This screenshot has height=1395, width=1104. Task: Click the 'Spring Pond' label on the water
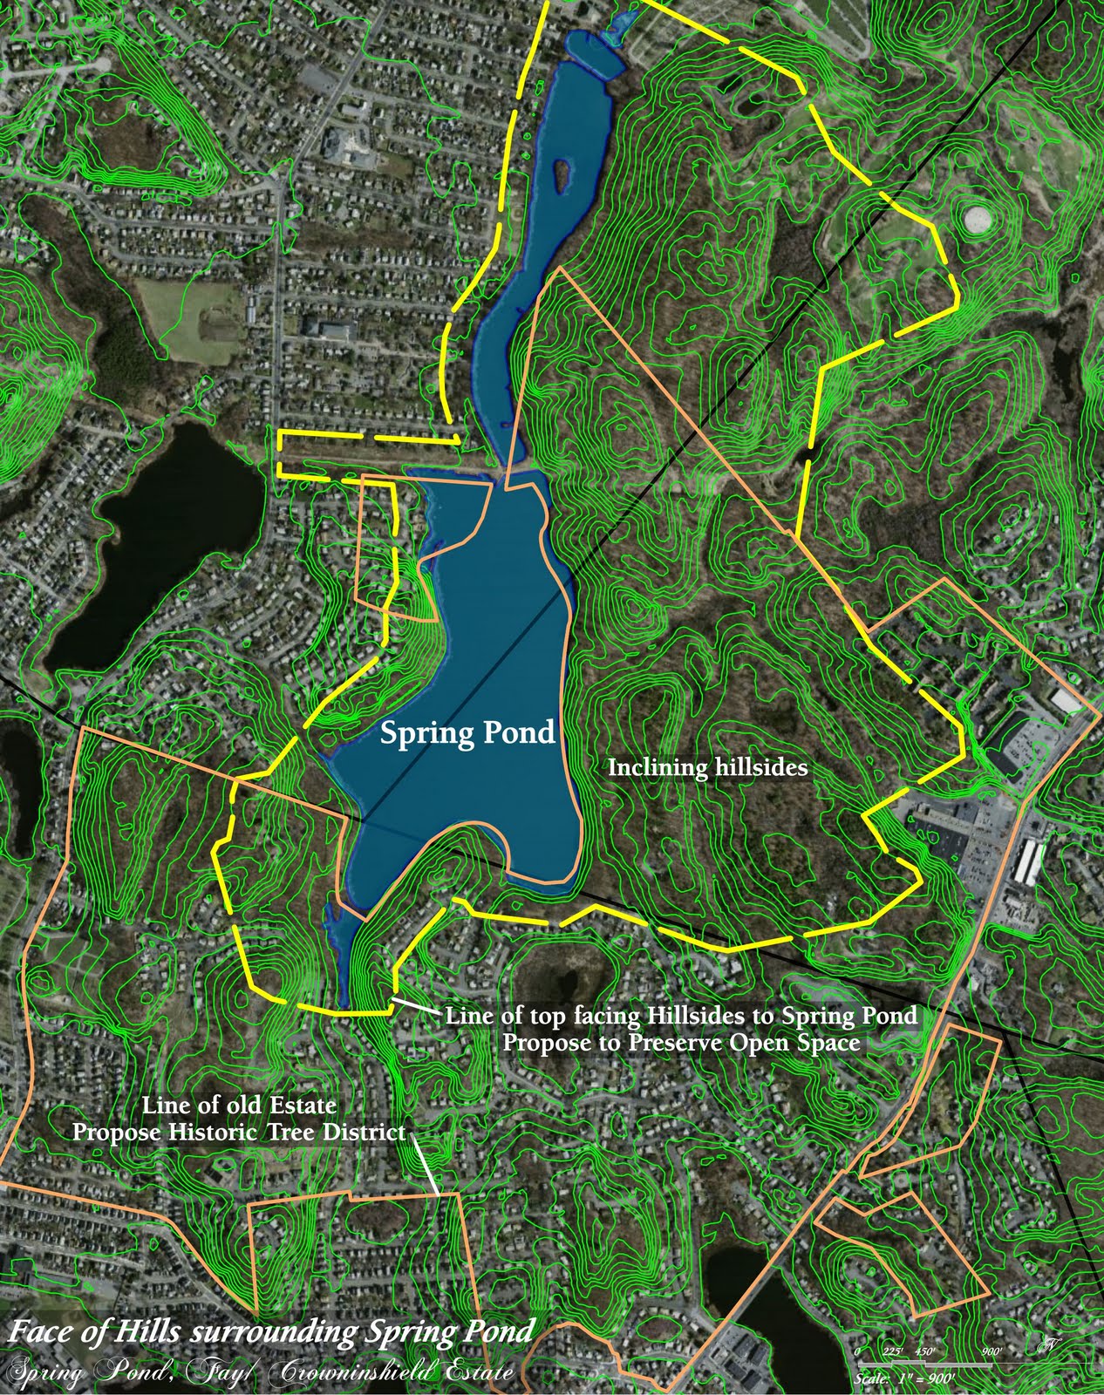click(x=467, y=733)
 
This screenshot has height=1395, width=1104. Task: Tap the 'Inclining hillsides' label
click(x=707, y=768)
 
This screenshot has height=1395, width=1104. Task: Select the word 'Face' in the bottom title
click(x=40, y=1332)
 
